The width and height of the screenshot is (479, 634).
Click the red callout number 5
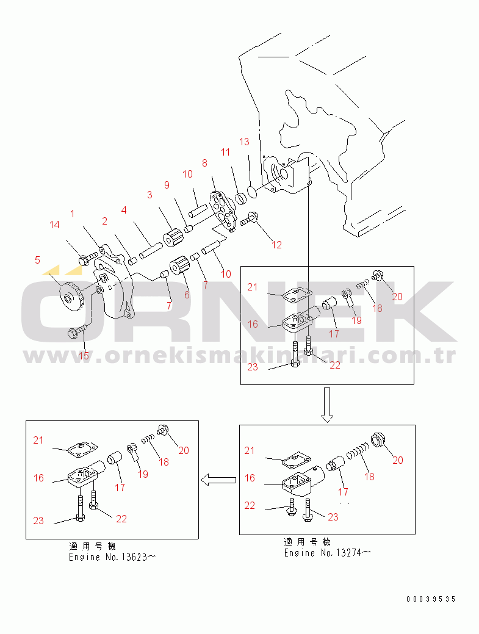pyautogui.click(x=37, y=261)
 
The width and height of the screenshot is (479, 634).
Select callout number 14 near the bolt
pyautogui.click(x=55, y=225)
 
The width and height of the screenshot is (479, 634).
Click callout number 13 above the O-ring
pyautogui.click(x=244, y=142)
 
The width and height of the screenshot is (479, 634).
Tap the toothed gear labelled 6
pyautogui.click(x=177, y=267)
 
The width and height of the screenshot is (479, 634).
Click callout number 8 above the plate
pyautogui.click(x=204, y=163)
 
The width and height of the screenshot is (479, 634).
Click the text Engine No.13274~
pyautogui.click(x=327, y=553)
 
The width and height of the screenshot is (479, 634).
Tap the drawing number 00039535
pyautogui.click(x=431, y=599)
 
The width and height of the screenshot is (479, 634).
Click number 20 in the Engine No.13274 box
pyautogui.click(x=397, y=461)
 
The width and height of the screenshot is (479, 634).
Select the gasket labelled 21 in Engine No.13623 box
pyautogui.click(x=79, y=448)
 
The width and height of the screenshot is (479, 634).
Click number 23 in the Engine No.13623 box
pyautogui.click(x=38, y=521)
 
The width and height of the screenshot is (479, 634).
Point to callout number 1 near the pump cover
pyautogui.click(x=73, y=214)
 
